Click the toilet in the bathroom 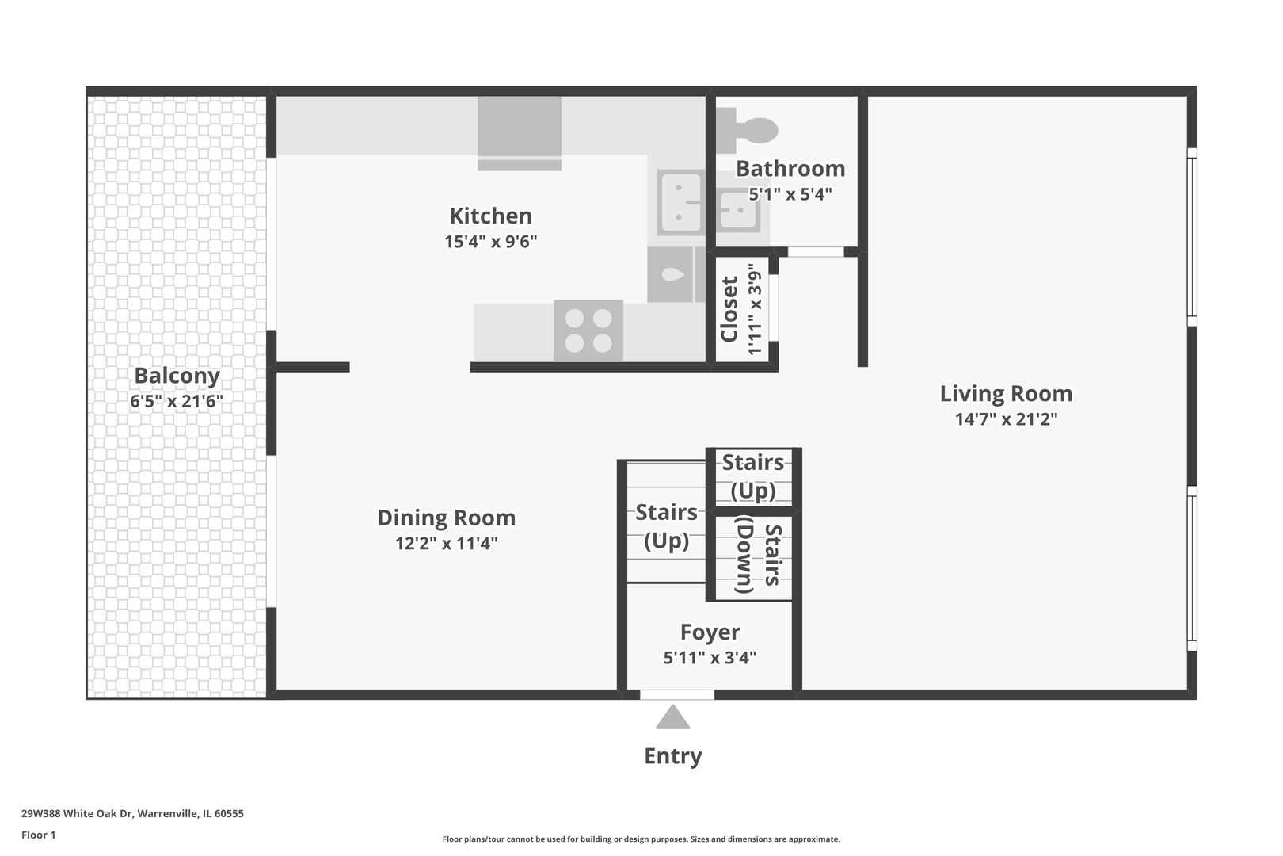click(747, 130)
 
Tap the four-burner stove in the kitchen click(588, 331)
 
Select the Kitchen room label click(491, 216)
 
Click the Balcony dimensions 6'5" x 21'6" click(177, 401)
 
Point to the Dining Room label click(446, 518)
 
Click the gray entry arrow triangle click(672, 717)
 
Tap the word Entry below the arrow click(673, 755)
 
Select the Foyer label click(710, 632)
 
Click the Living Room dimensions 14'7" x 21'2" click(1007, 419)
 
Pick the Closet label click(729, 309)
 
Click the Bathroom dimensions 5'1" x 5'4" click(790, 194)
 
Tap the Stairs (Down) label click(760, 555)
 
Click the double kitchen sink click(680, 202)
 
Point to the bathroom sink click(738, 210)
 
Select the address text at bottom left click(132, 813)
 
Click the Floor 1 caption click(38, 835)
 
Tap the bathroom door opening click(816, 252)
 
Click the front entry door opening click(677, 695)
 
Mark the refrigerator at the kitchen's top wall click(520, 134)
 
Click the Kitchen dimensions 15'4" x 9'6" click(491, 242)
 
